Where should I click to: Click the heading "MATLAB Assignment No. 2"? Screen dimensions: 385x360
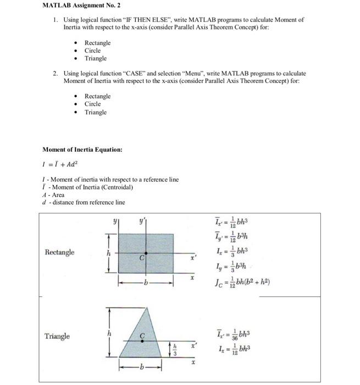[76, 7]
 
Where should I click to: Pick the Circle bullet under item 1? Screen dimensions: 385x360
[92, 51]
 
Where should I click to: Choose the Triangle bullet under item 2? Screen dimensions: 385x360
[96, 112]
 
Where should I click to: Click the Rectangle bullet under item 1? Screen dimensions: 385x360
[97, 43]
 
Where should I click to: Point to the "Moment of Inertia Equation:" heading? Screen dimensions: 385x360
[82, 150]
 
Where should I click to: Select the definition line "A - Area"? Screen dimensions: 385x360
[53, 195]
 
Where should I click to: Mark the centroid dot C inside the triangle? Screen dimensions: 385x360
[143, 341]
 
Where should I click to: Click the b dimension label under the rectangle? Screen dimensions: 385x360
[146, 284]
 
